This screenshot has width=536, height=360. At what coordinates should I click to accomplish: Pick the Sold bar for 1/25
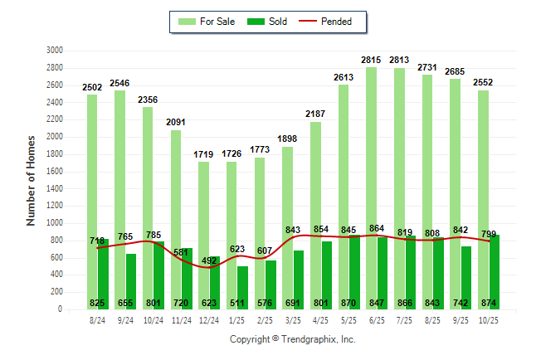point(241,282)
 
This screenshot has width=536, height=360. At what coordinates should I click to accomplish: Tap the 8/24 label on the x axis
point(97,319)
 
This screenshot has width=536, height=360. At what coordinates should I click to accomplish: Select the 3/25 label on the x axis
point(292,319)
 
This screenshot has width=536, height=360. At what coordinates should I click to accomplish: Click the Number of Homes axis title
point(32,180)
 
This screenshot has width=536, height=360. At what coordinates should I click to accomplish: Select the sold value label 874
point(490,303)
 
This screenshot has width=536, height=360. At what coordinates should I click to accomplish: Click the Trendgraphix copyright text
point(292,340)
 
